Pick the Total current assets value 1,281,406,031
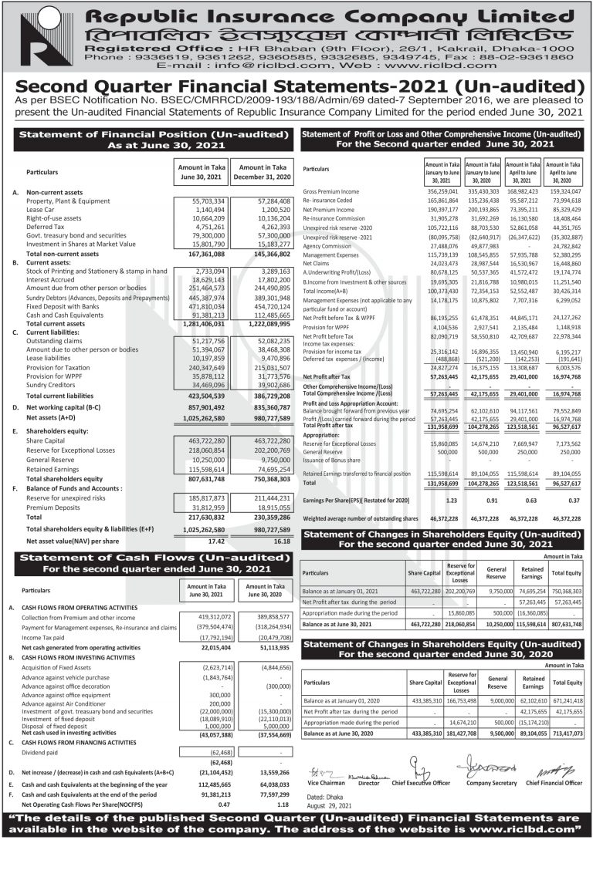point(198,323)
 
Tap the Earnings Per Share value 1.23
point(452,501)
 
